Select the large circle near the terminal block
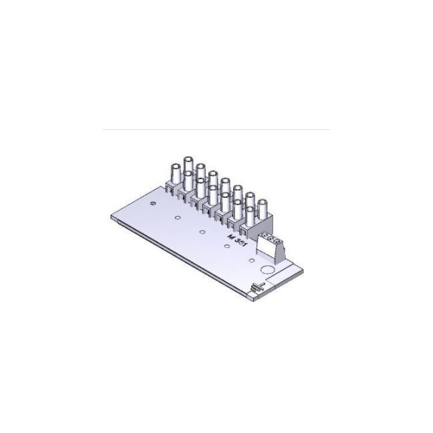265,270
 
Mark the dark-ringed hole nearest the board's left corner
153,202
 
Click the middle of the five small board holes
202,232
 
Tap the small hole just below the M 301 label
227,246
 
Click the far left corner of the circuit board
109,217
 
